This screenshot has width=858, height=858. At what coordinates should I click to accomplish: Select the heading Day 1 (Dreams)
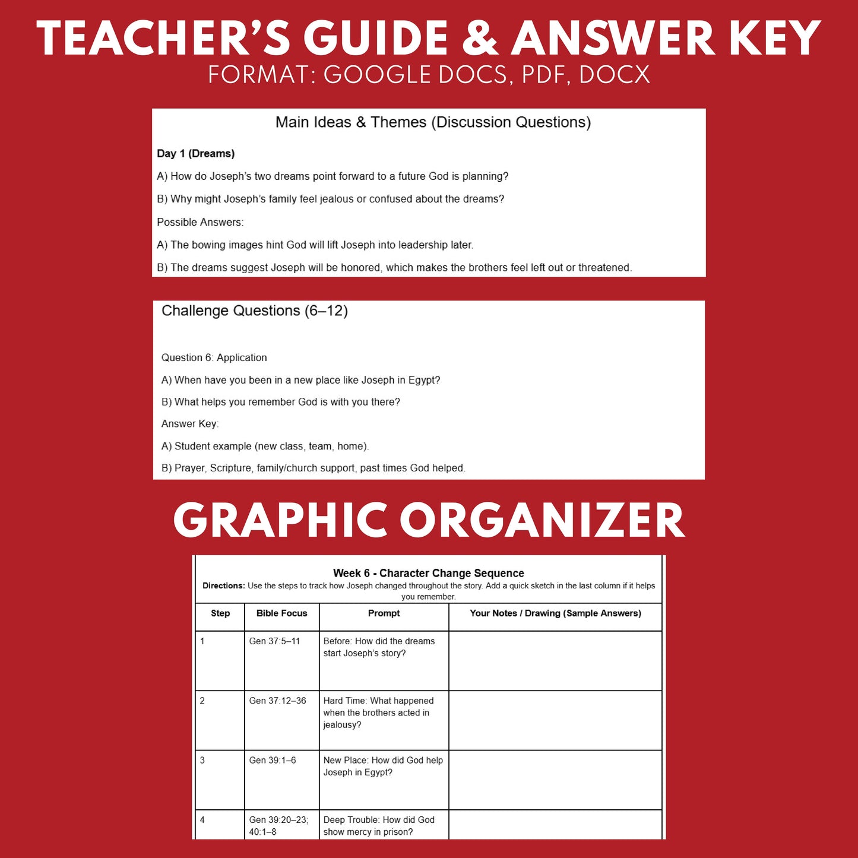195,154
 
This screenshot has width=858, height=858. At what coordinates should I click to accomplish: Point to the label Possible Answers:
200,222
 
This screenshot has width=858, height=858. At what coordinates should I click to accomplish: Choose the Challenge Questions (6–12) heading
254,311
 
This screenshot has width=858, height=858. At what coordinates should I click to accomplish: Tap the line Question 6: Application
214,357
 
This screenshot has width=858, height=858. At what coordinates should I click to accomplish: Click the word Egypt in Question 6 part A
423,380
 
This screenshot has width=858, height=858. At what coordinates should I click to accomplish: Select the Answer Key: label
189,424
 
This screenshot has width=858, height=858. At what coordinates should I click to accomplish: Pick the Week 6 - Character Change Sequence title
428,573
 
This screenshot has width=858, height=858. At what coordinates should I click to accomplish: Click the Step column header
220,613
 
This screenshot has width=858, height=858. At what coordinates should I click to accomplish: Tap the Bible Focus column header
281,613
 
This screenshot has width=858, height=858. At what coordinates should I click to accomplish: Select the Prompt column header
384,613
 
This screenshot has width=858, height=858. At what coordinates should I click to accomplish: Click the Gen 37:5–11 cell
274,641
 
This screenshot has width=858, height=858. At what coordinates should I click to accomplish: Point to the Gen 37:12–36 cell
277,701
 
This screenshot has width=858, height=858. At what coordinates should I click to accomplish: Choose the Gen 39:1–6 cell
272,760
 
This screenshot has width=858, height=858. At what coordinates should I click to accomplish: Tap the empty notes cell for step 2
555,720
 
